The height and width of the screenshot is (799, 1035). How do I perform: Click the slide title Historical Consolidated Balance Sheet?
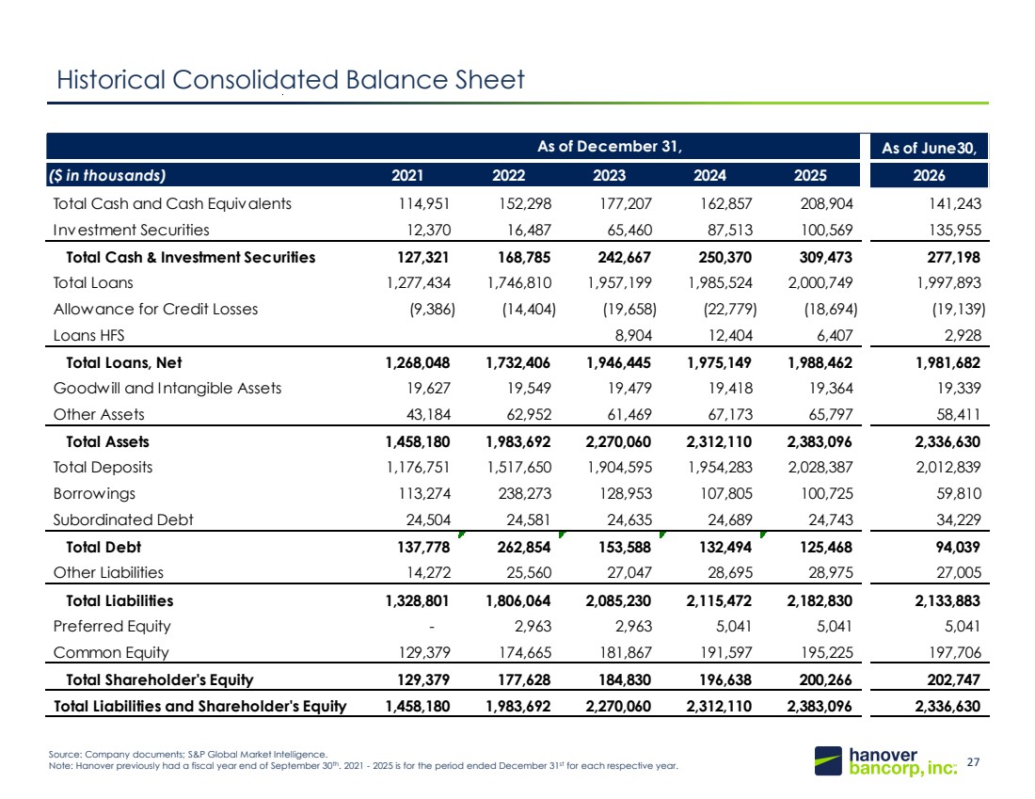291,80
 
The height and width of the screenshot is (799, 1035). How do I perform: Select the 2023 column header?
609,175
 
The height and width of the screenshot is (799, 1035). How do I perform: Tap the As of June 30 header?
929,148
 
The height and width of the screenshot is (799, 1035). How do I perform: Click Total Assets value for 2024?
718,441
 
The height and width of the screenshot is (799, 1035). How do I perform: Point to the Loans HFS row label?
88,335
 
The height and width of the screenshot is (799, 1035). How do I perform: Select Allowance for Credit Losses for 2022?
529,309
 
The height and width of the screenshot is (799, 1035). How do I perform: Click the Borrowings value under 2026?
959,493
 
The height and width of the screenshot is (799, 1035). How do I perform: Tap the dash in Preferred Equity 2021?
432,627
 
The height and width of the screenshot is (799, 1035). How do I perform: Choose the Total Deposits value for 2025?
820,468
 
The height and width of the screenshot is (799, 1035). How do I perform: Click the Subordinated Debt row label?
123,519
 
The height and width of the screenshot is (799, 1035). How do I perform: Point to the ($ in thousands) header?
106,175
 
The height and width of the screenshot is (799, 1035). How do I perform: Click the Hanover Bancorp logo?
885,761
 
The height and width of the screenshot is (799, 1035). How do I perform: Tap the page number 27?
973,762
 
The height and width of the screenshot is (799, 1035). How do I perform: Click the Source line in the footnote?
188,754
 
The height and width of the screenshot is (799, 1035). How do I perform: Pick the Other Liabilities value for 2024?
730,572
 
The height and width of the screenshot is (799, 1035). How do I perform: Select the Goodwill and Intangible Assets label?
167,389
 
